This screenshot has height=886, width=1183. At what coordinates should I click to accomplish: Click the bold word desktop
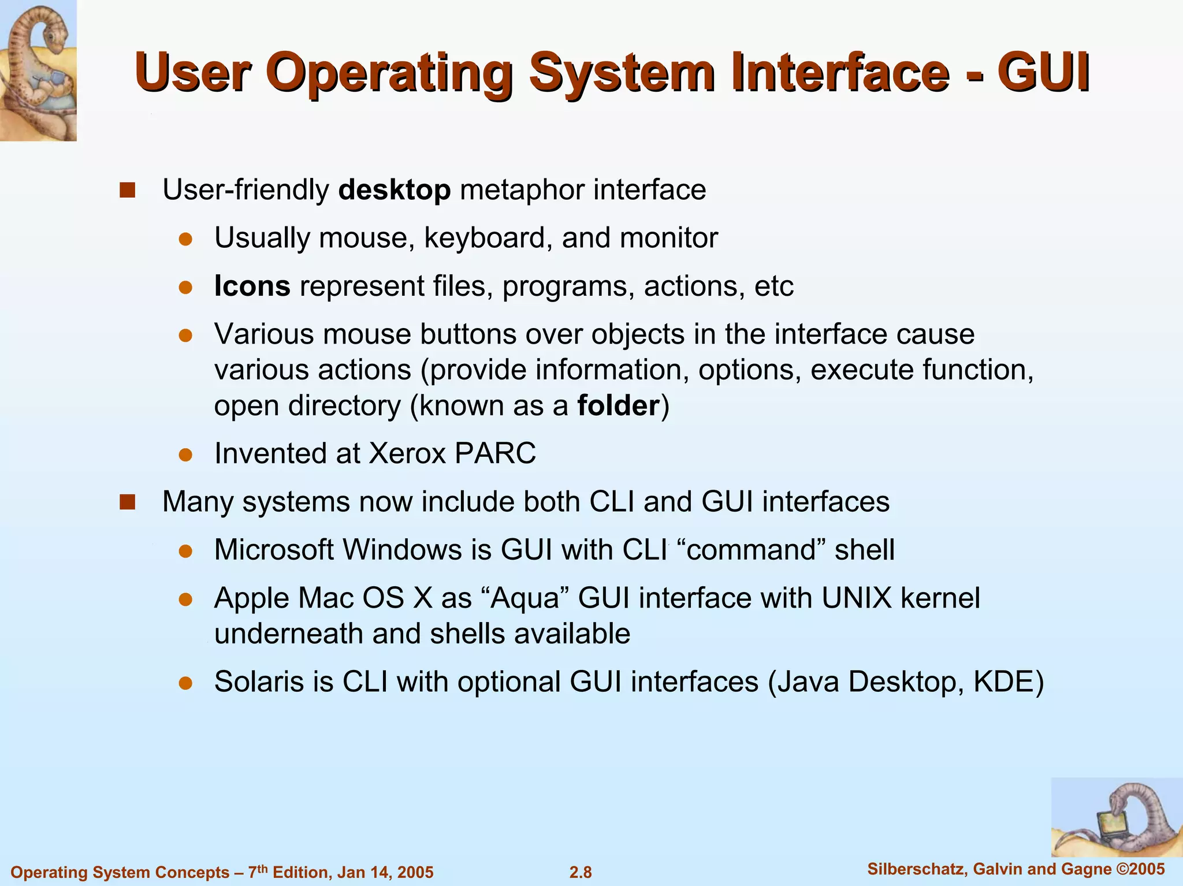coord(395,190)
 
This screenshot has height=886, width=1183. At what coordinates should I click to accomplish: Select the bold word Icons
coord(252,286)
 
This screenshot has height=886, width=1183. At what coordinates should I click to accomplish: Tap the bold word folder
coord(618,406)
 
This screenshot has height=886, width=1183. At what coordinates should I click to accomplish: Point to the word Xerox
coord(407,453)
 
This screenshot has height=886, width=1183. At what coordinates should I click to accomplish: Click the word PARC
coord(495,453)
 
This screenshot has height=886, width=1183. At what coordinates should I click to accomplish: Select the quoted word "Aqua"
coord(524,598)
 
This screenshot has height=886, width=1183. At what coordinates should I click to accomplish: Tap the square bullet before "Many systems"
coord(127,502)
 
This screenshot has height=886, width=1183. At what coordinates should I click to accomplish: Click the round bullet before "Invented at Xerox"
coord(185,455)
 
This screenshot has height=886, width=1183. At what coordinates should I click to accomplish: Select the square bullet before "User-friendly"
coord(127,190)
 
